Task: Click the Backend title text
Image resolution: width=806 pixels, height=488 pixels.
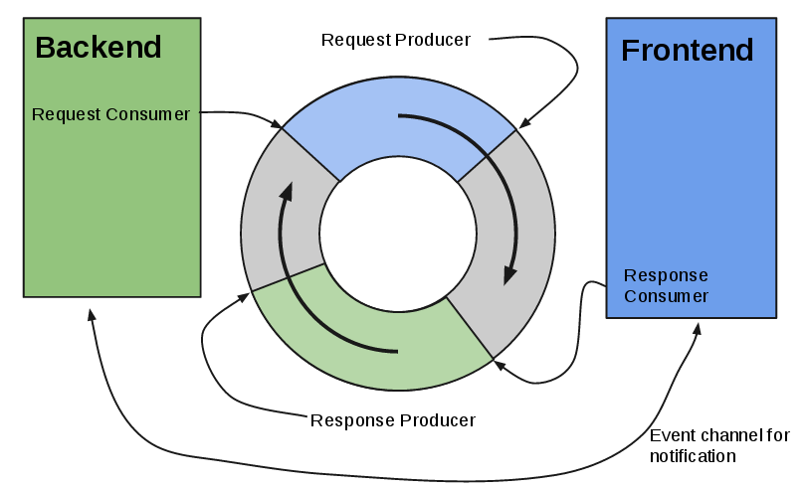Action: (x=99, y=47)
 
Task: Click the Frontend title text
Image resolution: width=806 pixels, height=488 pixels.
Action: (x=687, y=51)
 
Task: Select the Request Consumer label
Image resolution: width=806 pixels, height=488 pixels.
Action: (x=110, y=114)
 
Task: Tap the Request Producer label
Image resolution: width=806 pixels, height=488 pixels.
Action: (x=395, y=39)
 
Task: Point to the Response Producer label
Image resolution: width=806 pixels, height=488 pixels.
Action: (x=392, y=419)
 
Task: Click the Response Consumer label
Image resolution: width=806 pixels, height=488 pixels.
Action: (x=666, y=285)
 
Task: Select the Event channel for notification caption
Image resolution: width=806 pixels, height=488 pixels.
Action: (x=719, y=446)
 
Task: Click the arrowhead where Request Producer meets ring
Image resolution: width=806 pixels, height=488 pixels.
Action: (x=522, y=124)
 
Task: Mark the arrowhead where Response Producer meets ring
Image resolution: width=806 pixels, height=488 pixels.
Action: (x=245, y=296)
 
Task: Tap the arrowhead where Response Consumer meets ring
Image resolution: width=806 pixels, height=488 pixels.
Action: (x=499, y=365)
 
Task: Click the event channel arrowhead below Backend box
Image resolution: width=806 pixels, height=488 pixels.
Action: (x=91, y=313)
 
